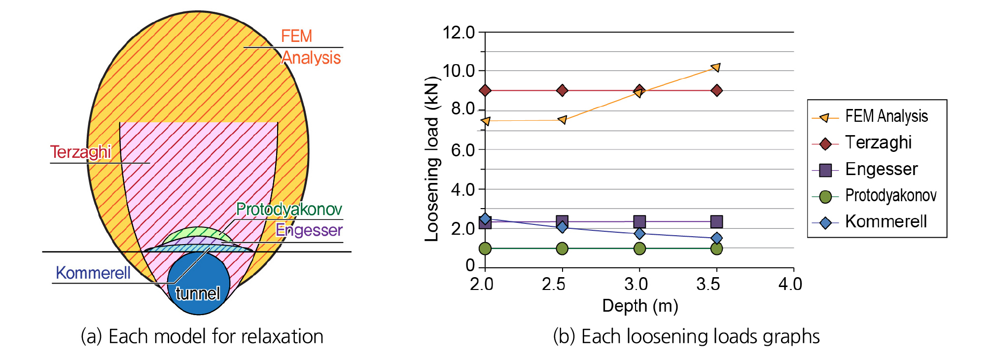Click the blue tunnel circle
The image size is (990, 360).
coord(198,284)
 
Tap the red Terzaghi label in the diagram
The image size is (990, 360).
coord(81,152)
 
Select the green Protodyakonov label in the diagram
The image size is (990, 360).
coord(289,209)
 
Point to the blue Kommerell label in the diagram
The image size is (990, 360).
coord(93,273)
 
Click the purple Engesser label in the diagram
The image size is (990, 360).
coord(309,230)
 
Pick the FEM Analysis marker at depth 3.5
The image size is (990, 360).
coord(716,67)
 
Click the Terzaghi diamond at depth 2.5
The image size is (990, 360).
coord(562,90)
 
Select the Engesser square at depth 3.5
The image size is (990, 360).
coord(716,221)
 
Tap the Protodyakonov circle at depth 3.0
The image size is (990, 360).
coord(639,248)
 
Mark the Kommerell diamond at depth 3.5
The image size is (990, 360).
coord(717,238)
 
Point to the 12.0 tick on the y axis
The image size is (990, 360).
coord(459,33)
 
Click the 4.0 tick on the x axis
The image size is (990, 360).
coord(790,284)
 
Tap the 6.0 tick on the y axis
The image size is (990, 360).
coord(463,150)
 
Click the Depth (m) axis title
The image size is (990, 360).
coord(640,306)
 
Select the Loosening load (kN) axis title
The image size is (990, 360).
coord(431,159)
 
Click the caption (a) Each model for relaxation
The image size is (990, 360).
coord(202,336)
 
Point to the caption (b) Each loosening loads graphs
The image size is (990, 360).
coord(686,336)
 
